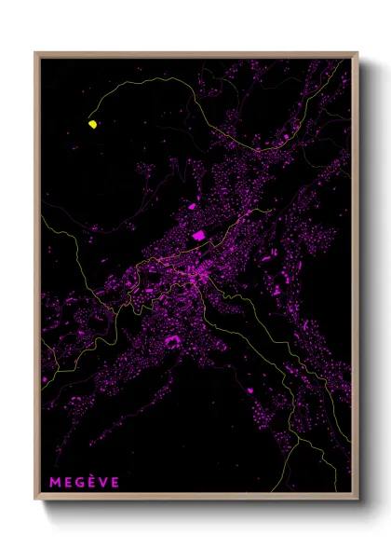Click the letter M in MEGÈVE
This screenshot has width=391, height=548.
point(53,482)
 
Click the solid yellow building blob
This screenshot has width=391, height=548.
point(93,123)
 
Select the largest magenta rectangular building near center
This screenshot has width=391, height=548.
point(198,236)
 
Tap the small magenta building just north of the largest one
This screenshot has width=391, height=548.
point(193,206)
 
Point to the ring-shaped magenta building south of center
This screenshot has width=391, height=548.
point(173,341)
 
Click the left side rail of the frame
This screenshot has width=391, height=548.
point(36,280)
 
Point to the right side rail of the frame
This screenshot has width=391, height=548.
point(357,280)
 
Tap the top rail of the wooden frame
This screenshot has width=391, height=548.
point(195,53)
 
